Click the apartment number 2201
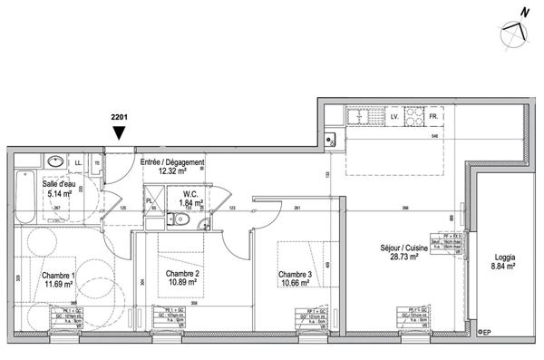119,117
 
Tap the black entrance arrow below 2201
119,134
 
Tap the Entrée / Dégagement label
171,162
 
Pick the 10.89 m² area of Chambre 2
182,282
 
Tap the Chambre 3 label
296,275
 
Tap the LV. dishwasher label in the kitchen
394,118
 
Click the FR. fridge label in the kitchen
433,118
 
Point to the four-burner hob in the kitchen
413,118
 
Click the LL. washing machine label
80,162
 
